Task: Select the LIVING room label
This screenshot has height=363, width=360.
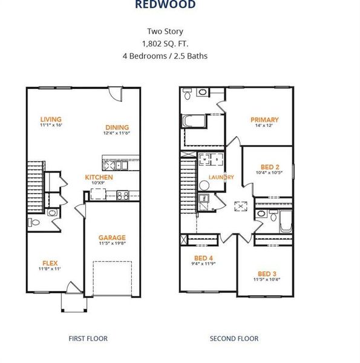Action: click(51, 119)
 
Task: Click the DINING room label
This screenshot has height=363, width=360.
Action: click(117, 127)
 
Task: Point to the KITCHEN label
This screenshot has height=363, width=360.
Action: click(99, 177)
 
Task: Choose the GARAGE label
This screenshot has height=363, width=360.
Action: click(112, 238)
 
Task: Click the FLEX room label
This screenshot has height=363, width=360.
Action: click(50, 263)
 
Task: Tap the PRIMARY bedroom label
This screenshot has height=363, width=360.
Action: click(264, 120)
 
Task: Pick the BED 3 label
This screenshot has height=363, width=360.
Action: click(267, 273)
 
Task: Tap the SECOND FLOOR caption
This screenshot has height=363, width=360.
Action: click(234, 338)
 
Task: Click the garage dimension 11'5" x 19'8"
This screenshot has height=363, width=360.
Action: click(112, 244)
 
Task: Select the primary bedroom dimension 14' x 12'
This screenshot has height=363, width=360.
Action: click(264, 126)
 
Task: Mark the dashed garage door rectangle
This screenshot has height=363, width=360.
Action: click(112, 278)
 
